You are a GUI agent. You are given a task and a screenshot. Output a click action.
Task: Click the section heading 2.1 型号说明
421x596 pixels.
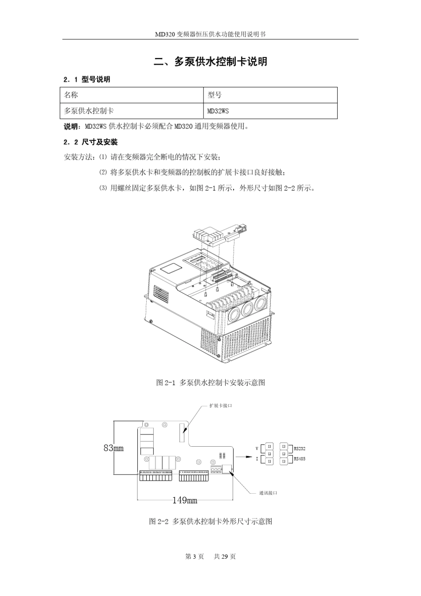(x=87, y=80)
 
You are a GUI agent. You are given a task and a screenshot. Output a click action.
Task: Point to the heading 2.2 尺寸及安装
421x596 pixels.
(x=90, y=142)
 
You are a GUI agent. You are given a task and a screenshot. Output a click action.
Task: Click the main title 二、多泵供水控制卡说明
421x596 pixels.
(x=210, y=62)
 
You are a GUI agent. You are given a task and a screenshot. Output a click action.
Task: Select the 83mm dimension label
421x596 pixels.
(x=113, y=448)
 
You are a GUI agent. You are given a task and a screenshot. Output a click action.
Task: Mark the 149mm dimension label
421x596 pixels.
(x=185, y=500)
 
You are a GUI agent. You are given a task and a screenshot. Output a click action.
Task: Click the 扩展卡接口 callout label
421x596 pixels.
(x=221, y=405)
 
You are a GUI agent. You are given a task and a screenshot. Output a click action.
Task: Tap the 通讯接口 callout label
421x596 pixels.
(x=268, y=493)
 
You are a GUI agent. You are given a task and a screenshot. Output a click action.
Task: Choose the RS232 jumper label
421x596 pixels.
(x=300, y=448)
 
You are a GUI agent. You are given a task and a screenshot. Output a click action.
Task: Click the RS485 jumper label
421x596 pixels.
(x=300, y=459)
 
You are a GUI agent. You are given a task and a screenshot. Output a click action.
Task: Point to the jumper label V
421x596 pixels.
(x=257, y=448)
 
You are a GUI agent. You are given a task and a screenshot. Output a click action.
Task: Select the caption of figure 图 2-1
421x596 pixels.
(x=210, y=382)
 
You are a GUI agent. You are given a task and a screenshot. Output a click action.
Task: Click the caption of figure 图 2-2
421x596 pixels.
(x=210, y=522)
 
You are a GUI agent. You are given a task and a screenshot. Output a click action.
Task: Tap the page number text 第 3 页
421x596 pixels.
(x=195, y=557)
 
